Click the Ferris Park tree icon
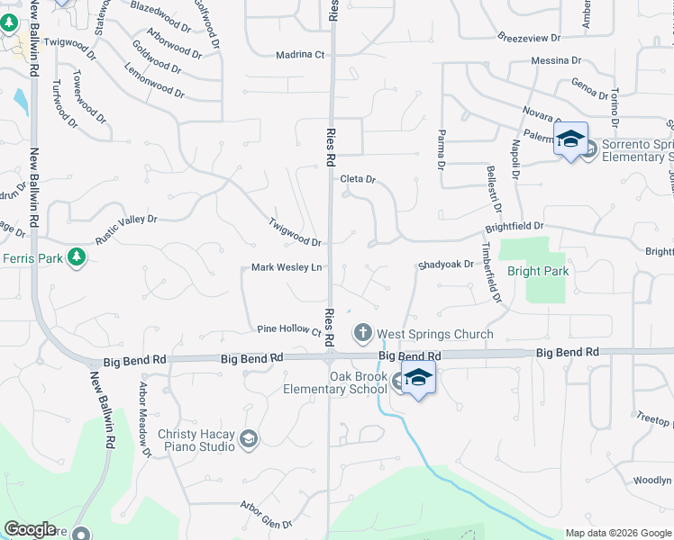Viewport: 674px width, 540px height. coord(77,258)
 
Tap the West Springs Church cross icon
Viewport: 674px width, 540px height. coord(363,334)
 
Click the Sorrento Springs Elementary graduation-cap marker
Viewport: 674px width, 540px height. coord(570,139)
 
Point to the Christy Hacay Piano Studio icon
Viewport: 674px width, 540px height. coord(249,439)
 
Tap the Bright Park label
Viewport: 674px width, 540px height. coord(537,271)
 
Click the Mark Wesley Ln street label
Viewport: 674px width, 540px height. coord(287,267)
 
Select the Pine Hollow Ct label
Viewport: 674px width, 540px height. coord(289,329)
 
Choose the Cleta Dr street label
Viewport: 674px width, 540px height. coord(357,179)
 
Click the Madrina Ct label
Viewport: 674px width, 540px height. coord(301,55)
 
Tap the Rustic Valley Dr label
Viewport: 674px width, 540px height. coord(126,229)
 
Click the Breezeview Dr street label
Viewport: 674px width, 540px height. coord(529,39)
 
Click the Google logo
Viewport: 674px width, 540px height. coord(30,529)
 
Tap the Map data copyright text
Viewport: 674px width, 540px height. coord(617,533)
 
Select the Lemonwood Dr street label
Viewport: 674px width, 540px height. coord(154,80)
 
